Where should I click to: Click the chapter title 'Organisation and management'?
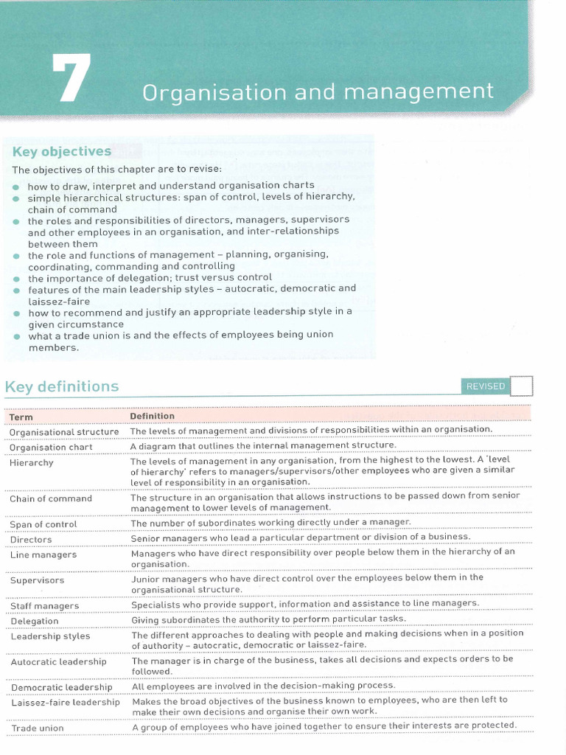(318, 92)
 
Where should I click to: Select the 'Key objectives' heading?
(61, 151)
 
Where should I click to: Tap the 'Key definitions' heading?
(62, 386)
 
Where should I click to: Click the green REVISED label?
(485, 386)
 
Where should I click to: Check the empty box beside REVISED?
(521, 386)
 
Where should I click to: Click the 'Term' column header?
(21, 417)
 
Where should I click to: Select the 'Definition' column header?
(152, 416)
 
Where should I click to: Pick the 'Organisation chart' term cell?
(51, 447)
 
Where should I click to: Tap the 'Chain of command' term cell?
(51, 498)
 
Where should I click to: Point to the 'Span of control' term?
(43, 524)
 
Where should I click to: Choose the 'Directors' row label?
(31, 540)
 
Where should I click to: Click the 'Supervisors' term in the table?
(37, 580)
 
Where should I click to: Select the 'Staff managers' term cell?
(45, 606)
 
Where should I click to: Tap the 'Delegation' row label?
(35, 622)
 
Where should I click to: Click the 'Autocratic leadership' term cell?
(59, 661)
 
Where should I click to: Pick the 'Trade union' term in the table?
(37, 728)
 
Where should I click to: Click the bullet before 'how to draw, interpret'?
(17, 186)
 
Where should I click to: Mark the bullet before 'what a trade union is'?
(17, 335)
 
